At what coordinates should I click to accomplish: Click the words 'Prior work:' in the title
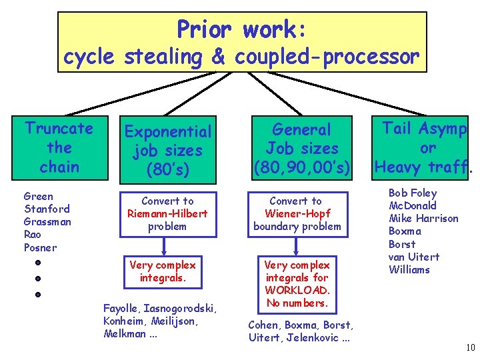tap(242, 29)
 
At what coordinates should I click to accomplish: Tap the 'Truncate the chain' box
tap(59, 147)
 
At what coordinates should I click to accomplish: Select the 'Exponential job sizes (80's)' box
tap(168, 150)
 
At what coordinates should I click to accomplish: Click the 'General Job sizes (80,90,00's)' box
tap(302, 149)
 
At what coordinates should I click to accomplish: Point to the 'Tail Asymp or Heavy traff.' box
tap(424, 147)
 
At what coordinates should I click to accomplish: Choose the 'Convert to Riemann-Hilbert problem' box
tap(168, 213)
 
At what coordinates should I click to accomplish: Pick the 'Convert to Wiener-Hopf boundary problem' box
tap(297, 213)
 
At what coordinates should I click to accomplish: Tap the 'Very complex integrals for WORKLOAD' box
tap(297, 283)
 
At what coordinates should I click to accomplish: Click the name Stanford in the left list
tap(46, 209)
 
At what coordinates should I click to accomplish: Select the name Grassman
tap(47, 221)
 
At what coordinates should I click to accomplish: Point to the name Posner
tap(41, 247)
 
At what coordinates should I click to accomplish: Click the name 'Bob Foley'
tap(413, 193)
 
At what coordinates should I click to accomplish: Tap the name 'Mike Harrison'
tap(423, 218)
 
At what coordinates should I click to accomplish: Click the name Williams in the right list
tap(409, 269)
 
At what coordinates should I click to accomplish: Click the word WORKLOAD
tap(297, 290)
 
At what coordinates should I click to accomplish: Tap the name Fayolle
tap(121, 308)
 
